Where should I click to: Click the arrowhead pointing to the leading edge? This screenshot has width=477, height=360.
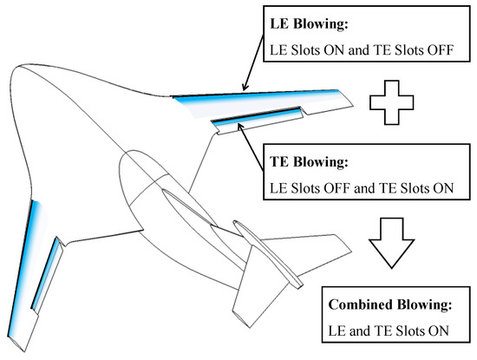(x=246, y=88)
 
